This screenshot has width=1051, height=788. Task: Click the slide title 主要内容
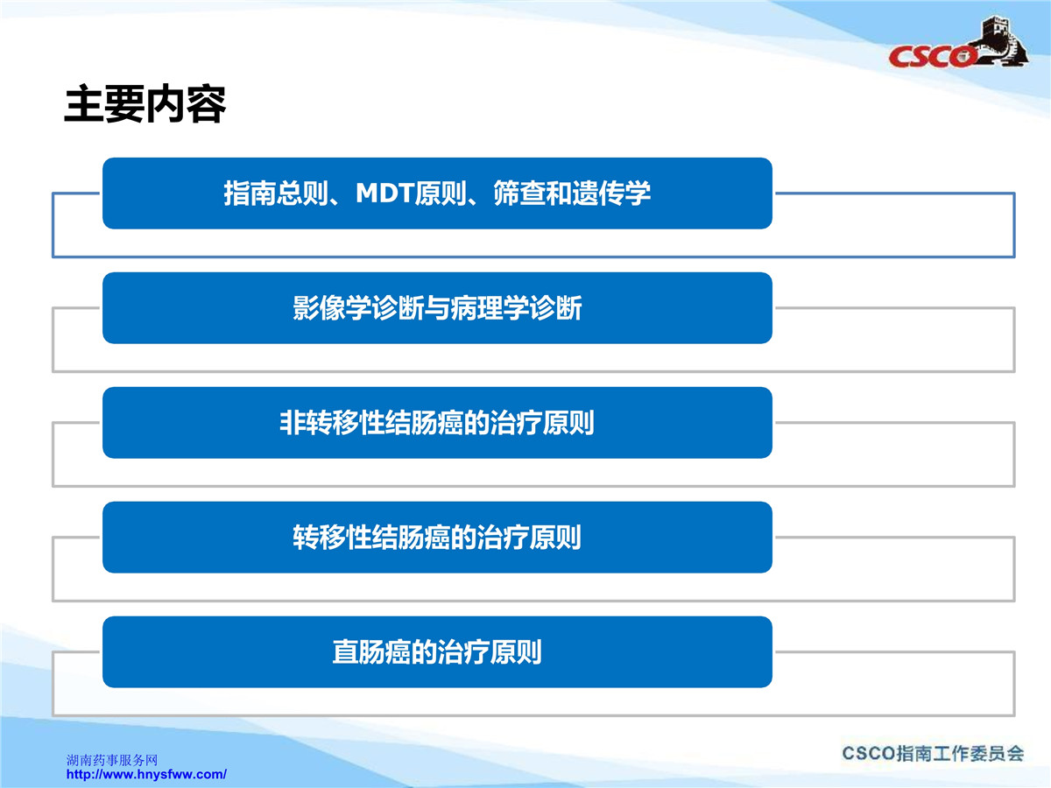click(145, 104)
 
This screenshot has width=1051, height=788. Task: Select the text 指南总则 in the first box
click(276, 193)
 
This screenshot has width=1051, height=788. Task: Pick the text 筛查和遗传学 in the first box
click(572, 193)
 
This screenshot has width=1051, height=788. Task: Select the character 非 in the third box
click(293, 423)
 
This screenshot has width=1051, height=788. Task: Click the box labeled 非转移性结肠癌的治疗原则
click(437, 423)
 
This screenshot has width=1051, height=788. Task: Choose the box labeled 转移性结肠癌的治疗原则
click(437, 538)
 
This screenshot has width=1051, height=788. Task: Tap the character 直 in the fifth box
click(345, 651)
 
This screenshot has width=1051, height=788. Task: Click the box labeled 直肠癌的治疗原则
click(437, 651)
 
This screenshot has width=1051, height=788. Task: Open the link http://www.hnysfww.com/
click(146, 774)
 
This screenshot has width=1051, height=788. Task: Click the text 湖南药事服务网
click(112, 760)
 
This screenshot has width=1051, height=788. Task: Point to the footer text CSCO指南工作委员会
click(933, 754)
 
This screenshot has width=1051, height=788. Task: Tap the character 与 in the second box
click(437, 307)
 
